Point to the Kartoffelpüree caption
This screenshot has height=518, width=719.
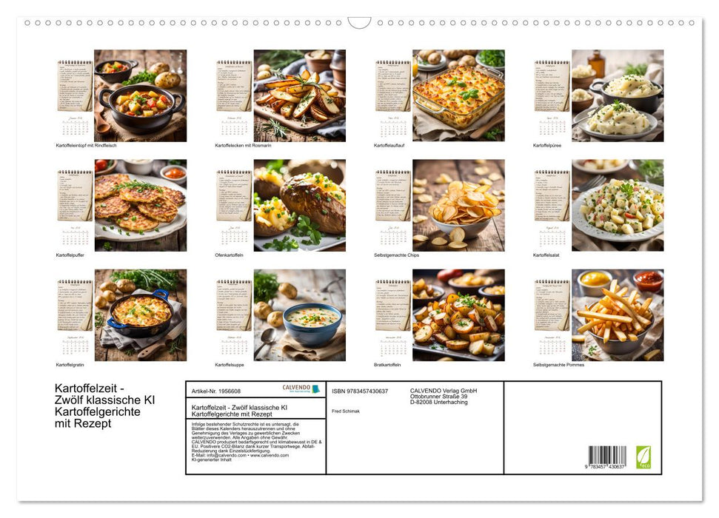point(547,145)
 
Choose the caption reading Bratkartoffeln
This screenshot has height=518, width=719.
point(389,365)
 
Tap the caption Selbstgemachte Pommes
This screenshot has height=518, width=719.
point(558,365)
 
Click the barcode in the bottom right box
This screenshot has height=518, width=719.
point(607,456)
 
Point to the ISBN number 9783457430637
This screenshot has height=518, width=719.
point(360,391)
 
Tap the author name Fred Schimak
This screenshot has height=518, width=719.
point(346,411)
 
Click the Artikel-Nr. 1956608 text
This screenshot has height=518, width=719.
point(215,391)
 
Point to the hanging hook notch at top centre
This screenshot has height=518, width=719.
point(359,23)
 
